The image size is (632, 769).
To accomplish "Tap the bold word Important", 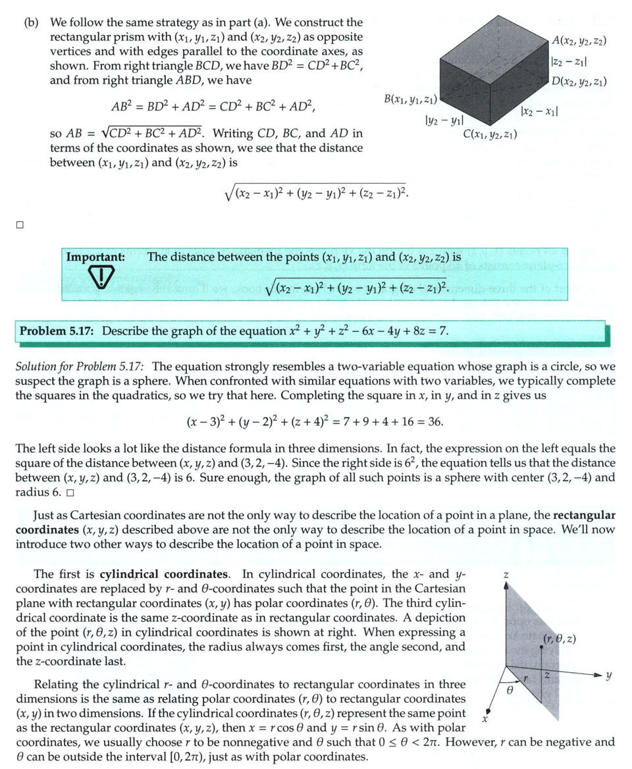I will (x=96, y=257).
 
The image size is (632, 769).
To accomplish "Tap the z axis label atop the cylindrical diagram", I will (x=506, y=575).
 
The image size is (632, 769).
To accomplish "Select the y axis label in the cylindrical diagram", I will (x=609, y=676).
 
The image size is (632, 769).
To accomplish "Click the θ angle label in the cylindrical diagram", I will (x=509, y=693).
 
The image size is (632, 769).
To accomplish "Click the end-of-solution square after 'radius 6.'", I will (x=69, y=492).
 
